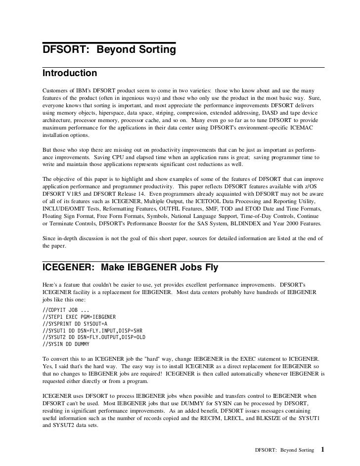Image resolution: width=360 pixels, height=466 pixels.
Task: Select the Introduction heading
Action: (70, 74)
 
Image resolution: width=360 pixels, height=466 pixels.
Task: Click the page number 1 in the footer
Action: (322, 450)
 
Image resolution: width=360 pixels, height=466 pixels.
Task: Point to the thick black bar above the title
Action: (109, 42)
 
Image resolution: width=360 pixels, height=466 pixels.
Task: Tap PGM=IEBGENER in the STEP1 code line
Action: (100, 317)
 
